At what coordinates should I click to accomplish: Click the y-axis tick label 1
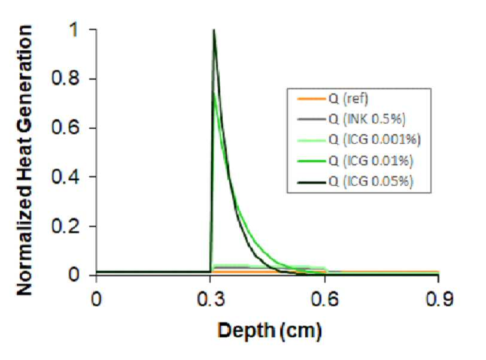click(74, 30)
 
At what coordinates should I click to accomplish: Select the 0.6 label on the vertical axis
click(65, 128)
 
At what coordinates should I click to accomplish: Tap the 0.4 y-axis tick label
click(65, 177)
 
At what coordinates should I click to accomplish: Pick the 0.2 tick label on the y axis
click(65, 226)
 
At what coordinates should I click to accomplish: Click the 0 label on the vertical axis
click(74, 275)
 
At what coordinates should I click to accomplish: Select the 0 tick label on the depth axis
click(96, 300)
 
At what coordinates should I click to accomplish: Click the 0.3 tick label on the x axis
click(211, 300)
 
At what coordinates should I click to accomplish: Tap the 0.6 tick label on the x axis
click(325, 300)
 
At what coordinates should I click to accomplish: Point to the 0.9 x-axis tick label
click(439, 300)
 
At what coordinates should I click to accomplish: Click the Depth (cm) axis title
click(269, 331)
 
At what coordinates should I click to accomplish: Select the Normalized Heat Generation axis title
click(25, 161)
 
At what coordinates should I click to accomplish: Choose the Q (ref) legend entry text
click(348, 99)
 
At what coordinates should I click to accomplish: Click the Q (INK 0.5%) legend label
click(367, 119)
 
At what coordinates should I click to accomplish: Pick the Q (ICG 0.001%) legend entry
click(375, 140)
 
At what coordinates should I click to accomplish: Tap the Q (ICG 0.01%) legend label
click(370, 161)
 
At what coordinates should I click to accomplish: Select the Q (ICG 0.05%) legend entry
click(370, 181)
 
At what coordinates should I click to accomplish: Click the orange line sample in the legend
click(311, 99)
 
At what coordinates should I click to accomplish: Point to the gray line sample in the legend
click(311, 119)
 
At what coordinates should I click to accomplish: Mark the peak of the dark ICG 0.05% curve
click(214, 30)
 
